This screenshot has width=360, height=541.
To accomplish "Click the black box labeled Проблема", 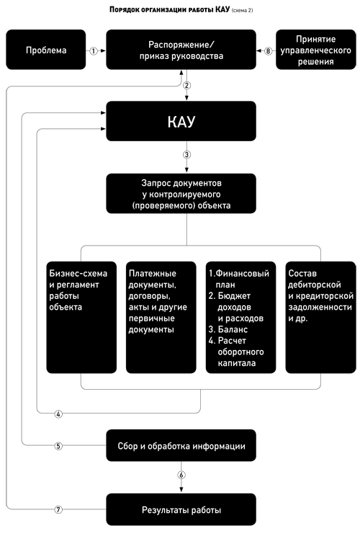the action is click(46, 50).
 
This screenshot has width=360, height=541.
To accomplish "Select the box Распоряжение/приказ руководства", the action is click(181, 50).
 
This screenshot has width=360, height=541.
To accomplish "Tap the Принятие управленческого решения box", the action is click(316, 50).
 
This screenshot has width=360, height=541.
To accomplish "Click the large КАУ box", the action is click(181, 121).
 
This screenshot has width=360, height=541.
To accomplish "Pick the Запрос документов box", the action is click(181, 194).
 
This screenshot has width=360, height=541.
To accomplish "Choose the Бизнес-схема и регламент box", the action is click(81, 318).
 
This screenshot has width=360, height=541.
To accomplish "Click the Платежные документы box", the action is click(161, 318).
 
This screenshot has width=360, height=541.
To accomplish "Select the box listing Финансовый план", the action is click(240, 318).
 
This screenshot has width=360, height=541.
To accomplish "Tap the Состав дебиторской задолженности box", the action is click(320, 318).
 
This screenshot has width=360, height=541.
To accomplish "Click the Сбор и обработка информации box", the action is click(181, 445).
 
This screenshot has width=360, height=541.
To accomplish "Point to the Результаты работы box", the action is click(181, 509).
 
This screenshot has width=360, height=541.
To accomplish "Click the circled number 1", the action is click(94, 51).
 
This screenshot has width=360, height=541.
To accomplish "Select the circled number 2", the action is click(187, 85).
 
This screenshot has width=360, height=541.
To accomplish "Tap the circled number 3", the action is click(187, 155).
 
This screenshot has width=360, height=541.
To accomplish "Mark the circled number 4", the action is click(58, 414).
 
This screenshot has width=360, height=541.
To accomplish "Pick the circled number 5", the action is click(58, 446).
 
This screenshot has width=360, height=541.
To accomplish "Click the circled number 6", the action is click(181, 475).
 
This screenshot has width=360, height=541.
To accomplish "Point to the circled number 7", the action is click(58, 509).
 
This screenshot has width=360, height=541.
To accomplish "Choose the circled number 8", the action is click(269, 51).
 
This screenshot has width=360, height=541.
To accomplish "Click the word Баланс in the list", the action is click(233, 329).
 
